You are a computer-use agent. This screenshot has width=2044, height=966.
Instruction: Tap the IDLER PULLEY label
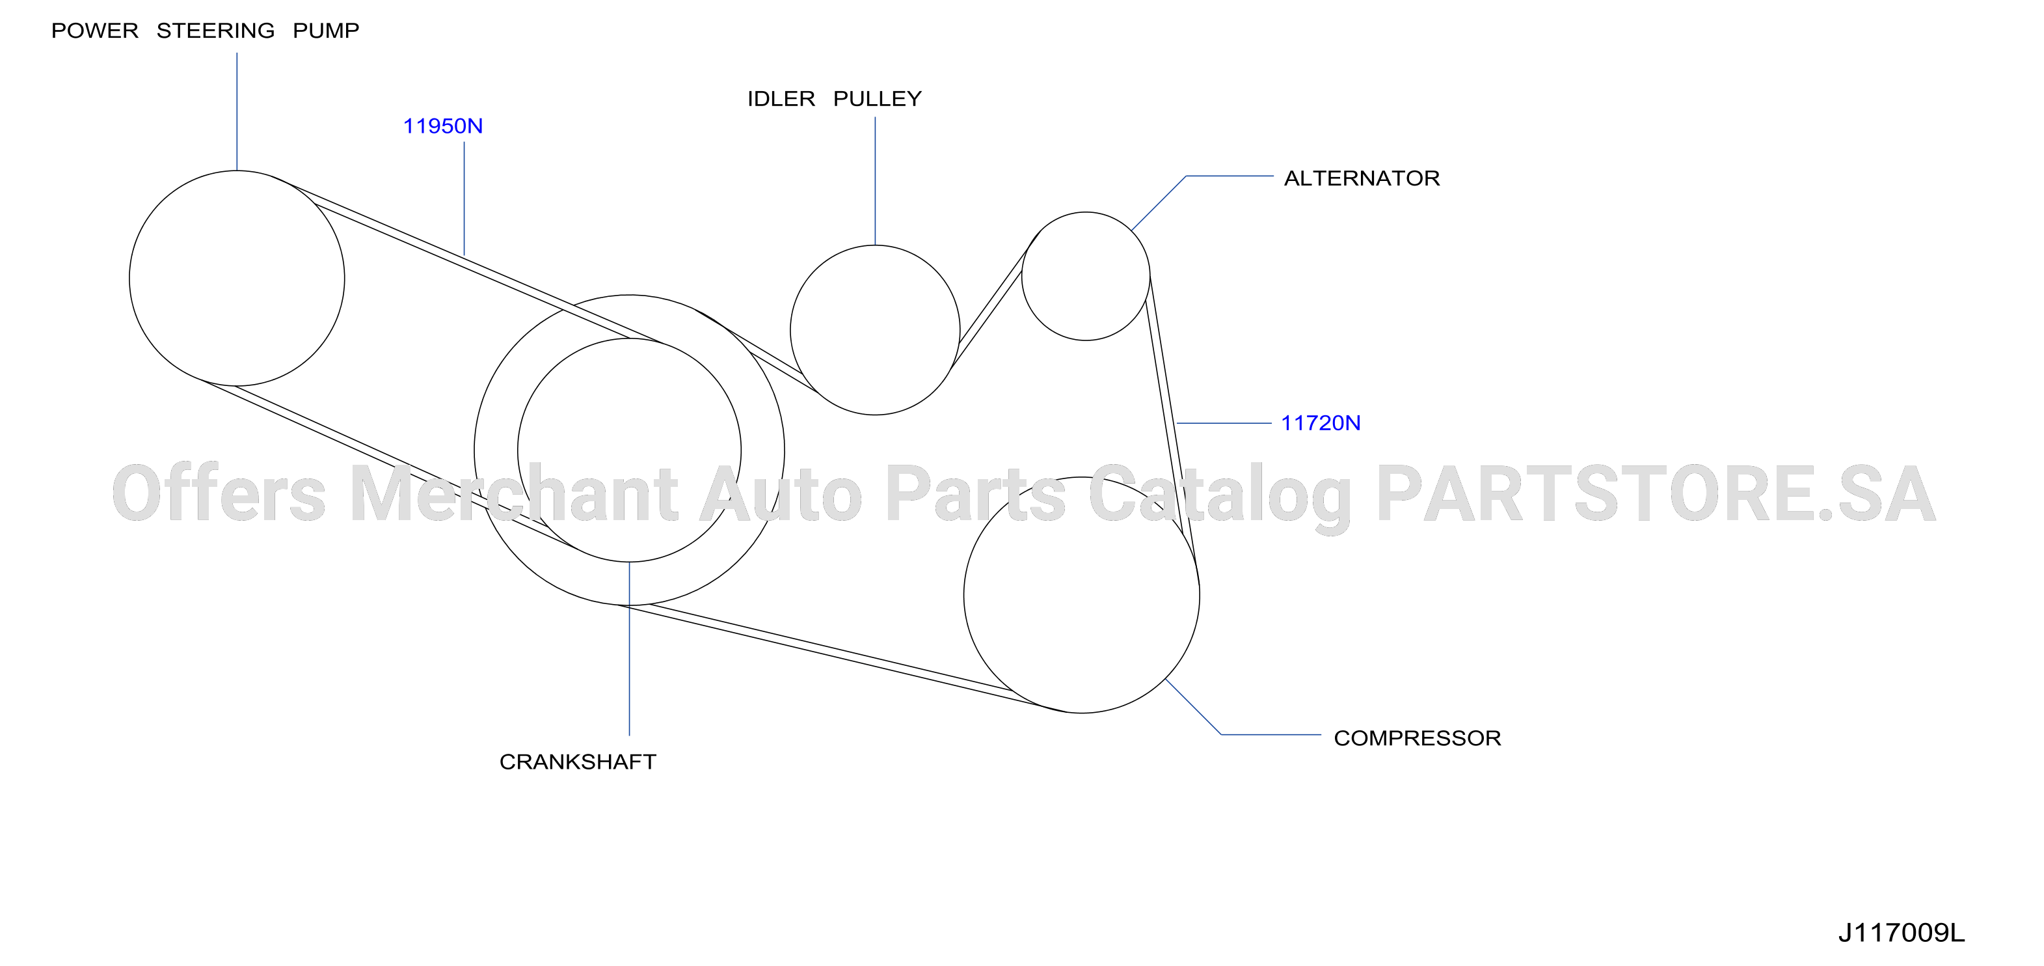click(x=835, y=99)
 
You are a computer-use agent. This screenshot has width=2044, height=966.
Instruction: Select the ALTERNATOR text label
click(x=1362, y=178)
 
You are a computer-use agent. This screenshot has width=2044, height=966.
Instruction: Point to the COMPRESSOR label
click(x=1417, y=738)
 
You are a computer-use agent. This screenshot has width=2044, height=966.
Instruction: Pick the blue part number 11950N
click(x=443, y=126)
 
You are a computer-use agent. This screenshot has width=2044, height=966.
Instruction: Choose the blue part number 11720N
click(x=1321, y=423)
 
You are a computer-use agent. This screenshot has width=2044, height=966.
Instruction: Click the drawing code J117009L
click(x=1901, y=933)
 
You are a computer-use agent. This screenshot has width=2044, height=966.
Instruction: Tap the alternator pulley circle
click(x=1086, y=212)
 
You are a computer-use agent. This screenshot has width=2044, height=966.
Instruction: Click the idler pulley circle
click(x=875, y=245)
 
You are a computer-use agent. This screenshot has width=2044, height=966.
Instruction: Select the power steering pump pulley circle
click(x=236, y=171)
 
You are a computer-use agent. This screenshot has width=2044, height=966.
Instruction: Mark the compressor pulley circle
click(x=1081, y=477)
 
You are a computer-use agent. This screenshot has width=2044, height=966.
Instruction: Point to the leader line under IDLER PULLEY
click(x=875, y=181)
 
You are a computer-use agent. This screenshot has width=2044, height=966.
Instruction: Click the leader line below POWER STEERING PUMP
click(x=236, y=112)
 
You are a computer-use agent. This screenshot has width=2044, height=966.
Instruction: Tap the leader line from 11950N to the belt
click(x=464, y=199)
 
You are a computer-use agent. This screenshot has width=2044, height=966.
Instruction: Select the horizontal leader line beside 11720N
click(x=1224, y=423)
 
